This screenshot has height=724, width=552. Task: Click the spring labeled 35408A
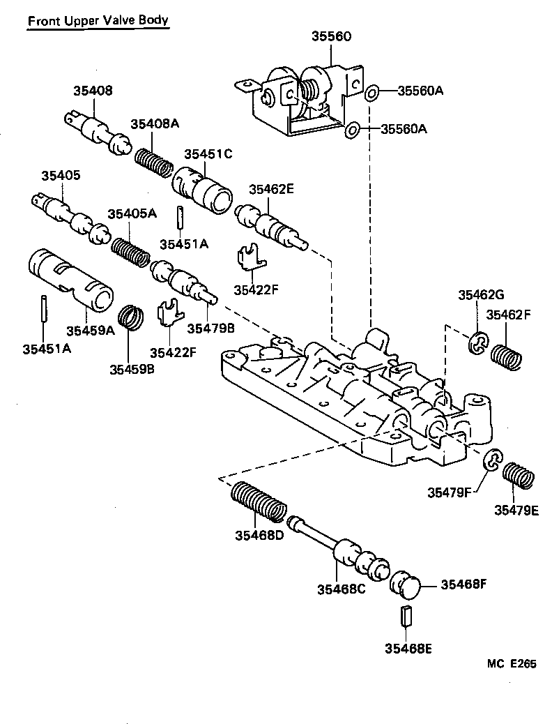153,163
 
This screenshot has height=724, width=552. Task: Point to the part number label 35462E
272,188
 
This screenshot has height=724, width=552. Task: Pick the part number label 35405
62,176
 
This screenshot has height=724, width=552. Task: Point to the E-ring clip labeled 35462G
477,343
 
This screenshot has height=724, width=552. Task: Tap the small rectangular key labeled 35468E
408,617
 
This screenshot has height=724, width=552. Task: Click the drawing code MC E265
511,665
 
